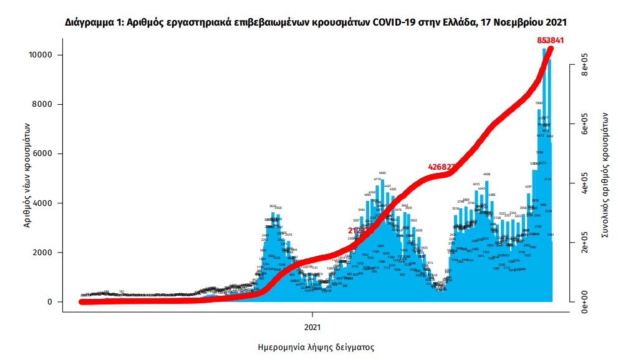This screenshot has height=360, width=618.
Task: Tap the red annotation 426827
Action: [x=445, y=167]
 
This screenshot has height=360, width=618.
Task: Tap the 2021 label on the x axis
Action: [x=312, y=326]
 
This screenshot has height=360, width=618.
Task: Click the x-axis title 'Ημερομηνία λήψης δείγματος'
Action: [x=316, y=346]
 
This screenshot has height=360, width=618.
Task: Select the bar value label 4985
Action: [x=383, y=173]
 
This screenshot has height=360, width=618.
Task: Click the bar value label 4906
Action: [x=486, y=175]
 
